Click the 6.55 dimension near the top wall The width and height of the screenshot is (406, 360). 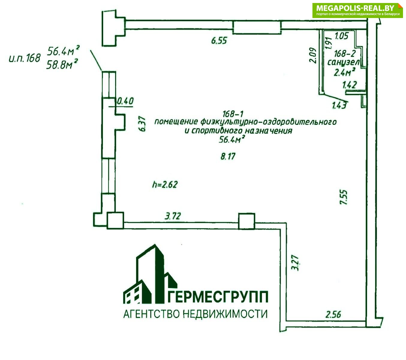219,40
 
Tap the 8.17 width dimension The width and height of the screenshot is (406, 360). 228,156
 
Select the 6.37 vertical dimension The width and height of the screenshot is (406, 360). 142,124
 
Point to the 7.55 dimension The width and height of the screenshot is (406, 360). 343,197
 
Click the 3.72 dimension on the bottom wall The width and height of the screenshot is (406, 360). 172,216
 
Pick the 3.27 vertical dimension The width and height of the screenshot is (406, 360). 295,263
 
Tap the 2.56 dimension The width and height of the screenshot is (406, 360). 333,314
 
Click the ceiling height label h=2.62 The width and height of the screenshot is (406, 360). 165,184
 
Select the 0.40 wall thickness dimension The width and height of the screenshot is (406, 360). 125,101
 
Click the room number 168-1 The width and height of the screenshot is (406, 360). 233,114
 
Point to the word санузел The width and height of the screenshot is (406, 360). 343,62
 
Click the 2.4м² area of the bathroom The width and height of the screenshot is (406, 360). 345,72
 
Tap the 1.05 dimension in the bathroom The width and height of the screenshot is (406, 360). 342,36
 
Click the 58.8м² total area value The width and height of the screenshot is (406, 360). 62,64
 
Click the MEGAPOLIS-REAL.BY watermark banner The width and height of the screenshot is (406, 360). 358,10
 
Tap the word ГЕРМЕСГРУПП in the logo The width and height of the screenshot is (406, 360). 218,297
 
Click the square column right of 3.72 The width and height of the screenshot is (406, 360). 246,221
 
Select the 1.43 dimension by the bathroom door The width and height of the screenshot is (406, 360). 339,105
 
